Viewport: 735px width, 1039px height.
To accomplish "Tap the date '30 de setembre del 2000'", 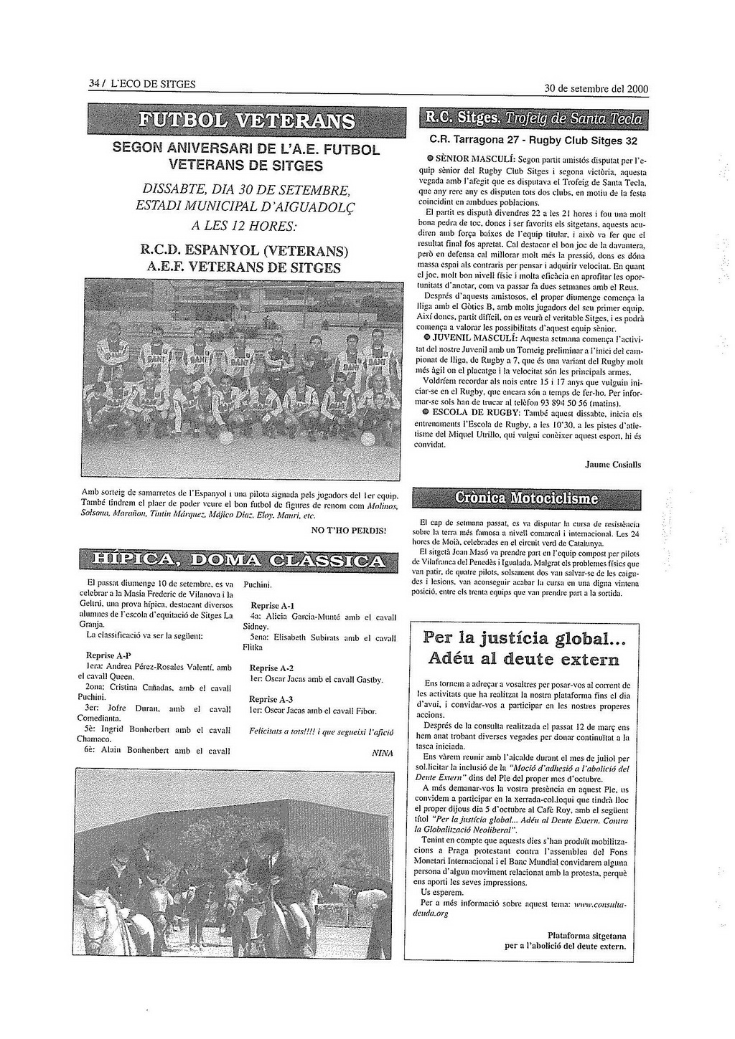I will pyautogui.click(x=596, y=89).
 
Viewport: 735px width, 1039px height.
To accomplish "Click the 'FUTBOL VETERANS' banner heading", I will pyautogui.click(x=247, y=120).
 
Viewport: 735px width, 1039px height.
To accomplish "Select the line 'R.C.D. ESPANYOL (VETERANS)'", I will pyautogui.click(x=245, y=252).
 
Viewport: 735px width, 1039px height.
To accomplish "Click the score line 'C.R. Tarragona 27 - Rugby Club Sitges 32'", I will pyautogui.click(x=533, y=141).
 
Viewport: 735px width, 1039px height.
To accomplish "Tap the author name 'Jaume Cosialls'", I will pyautogui.click(x=613, y=465).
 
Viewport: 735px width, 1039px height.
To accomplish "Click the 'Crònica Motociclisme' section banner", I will pyautogui.click(x=526, y=498).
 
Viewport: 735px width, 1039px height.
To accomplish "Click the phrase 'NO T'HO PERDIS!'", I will pyautogui.click(x=348, y=531).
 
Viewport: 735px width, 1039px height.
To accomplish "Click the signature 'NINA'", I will pyautogui.click(x=383, y=754).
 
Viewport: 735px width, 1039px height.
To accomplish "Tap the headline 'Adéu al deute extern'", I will pyautogui.click(x=523, y=659).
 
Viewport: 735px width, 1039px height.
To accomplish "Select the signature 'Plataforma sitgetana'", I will pyautogui.click(x=586, y=935).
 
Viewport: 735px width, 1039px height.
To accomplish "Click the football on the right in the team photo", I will pyautogui.click(x=367, y=437).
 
